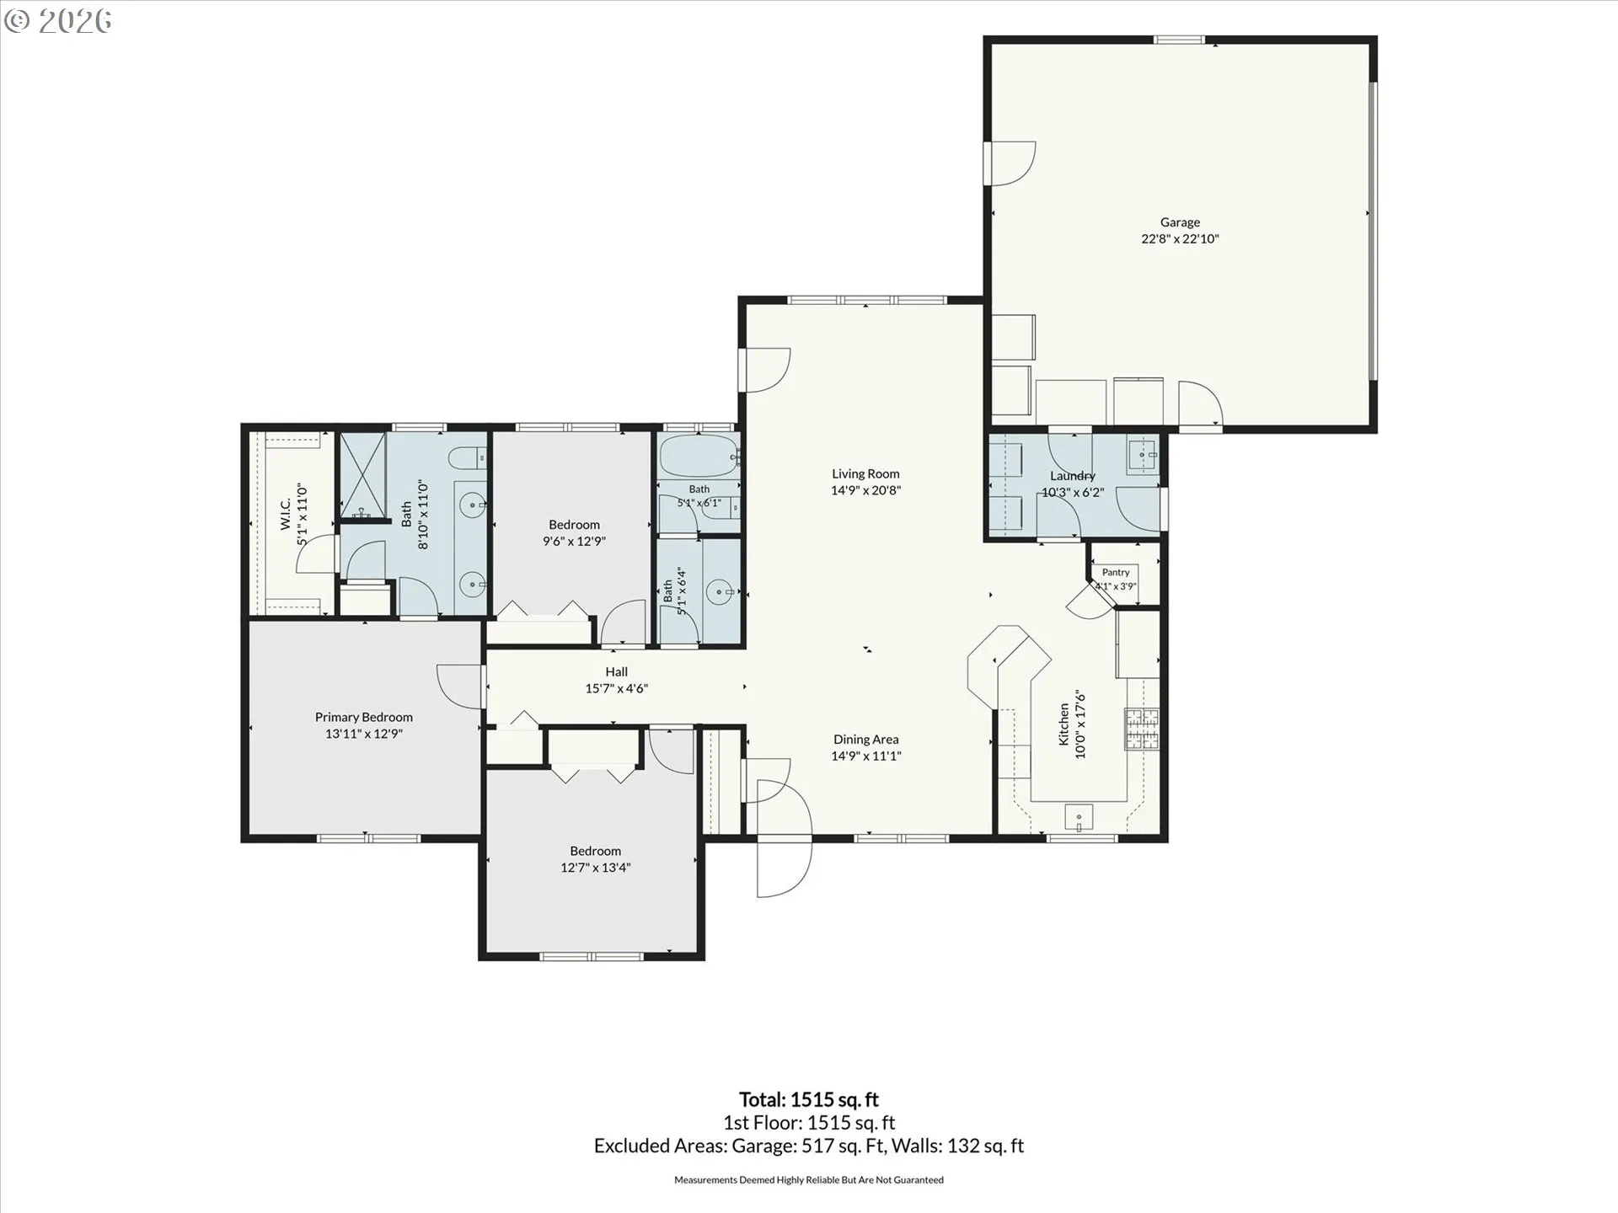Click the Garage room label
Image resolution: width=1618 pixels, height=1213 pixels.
click(x=1180, y=222)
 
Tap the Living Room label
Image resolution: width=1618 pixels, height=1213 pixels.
click(x=865, y=474)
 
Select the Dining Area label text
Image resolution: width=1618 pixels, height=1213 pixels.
click(x=865, y=740)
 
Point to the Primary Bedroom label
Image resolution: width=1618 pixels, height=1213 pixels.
click(x=364, y=718)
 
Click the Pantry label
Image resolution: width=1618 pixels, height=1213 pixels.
click(x=1116, y=573)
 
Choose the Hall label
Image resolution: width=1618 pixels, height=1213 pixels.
click(x=616, y=672)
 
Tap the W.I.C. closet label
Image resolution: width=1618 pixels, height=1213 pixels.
click(x=285, y=514)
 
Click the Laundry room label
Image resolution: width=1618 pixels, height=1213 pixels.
click(x=1073, y=476)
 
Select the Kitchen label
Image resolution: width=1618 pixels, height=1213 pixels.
click(x=1064, y=725)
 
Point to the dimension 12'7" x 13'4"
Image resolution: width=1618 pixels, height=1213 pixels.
click(x=596, y=868)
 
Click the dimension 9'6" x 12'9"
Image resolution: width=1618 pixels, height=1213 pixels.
click(x=574, y=542)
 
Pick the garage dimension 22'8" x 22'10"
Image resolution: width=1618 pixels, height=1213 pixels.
click(x=1180, y=238)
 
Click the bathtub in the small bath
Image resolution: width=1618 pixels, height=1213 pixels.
click(x=699, y=456)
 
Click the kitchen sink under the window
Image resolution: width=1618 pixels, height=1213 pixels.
click(x=1079, y=817)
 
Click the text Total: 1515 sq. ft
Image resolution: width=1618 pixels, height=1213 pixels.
click(x=809, y=1099)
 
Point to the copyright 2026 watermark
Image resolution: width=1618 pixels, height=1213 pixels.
click(x=57, y=21)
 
